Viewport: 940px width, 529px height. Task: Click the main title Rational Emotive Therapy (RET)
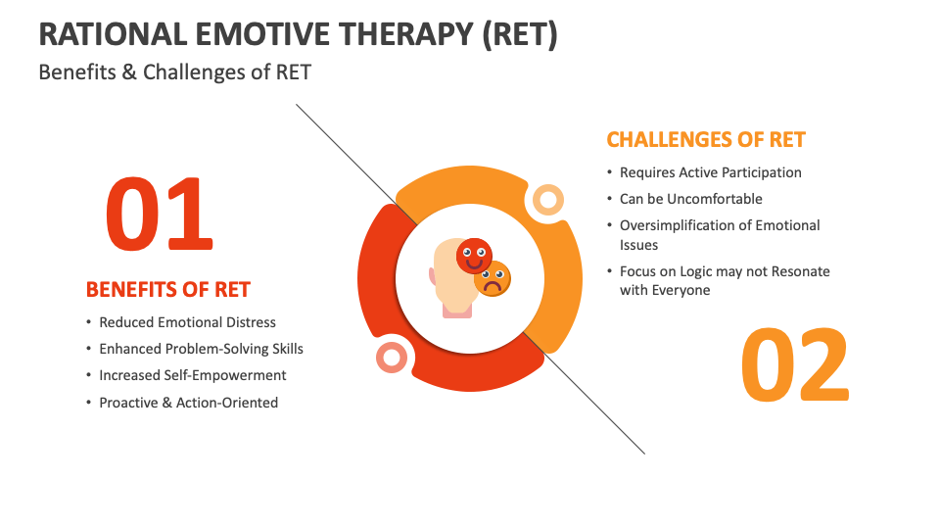(x=298, y=33)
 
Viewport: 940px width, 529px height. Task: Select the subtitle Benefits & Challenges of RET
(x=174, y=72)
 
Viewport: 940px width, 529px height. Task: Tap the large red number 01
(x=159, y=214)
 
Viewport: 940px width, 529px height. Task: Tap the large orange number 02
(x=794, y=365)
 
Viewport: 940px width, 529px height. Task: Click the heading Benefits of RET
(x=167, y=290)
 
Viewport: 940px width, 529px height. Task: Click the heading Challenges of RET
(x=705, y=139)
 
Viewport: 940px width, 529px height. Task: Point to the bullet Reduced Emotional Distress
(x=187, y=322)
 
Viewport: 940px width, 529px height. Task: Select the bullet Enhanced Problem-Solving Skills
(x=201, y=349)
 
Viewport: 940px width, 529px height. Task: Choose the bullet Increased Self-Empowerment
(x=192, y=375)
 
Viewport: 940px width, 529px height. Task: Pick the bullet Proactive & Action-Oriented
(x=188, y=403)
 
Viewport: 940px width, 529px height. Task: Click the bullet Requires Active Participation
(x=710, y=172)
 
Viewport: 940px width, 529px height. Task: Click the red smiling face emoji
(x=475, y=257)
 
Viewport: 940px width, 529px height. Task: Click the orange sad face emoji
(x=493, y=279)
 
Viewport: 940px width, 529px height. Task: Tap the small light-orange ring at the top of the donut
(x=546, y=200)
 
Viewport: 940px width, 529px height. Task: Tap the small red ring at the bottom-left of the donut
(x=393, y=357)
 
